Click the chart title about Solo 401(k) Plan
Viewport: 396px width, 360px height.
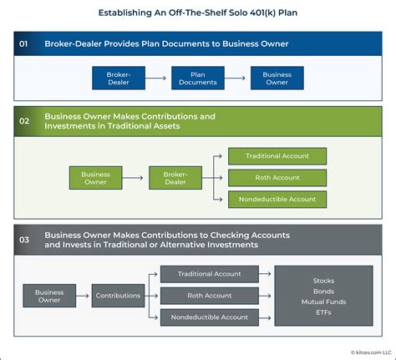point(198,13)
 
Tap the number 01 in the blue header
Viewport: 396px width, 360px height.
point(25,43)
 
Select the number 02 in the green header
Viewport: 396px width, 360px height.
point(25,122)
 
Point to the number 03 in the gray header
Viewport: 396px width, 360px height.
point(25,240)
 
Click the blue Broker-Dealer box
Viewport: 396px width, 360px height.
point(119,79)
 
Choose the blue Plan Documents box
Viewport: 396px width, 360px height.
point(198,79)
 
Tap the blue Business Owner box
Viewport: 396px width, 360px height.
point(277,79)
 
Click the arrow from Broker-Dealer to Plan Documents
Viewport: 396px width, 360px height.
point(159,79)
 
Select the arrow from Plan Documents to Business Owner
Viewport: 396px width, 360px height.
point(237,79)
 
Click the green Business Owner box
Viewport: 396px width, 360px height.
point(95,177)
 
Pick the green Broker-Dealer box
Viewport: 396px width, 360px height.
point(175,177)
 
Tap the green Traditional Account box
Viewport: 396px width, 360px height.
point(277,156)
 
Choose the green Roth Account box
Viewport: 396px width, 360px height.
point(277,177)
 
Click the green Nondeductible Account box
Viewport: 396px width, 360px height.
point(277,199)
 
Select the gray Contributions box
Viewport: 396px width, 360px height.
point(118,296)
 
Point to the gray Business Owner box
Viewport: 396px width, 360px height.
point(49,296)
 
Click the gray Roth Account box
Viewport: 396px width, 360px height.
point(211,296)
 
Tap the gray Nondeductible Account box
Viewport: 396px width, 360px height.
point(211,317)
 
